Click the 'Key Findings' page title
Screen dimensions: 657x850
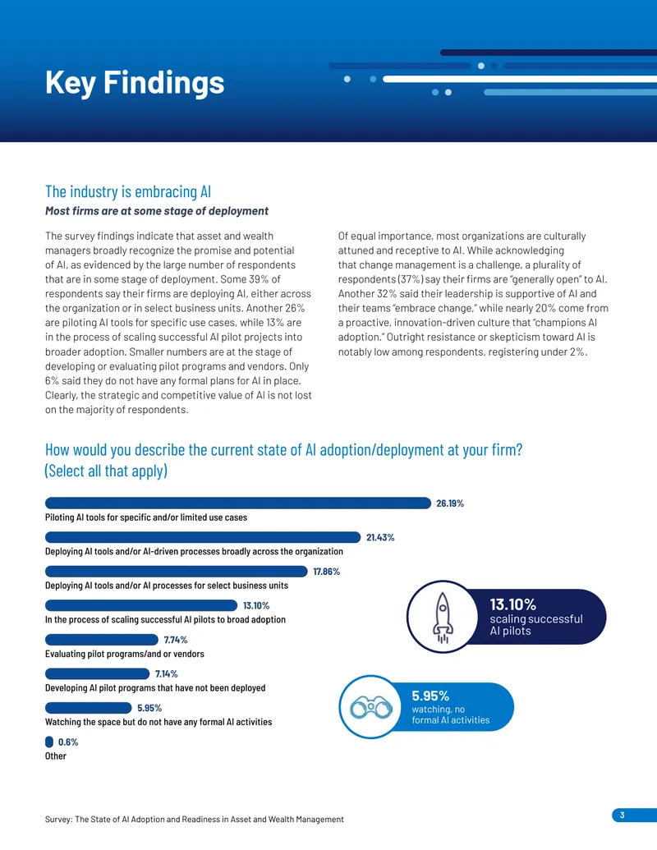click(135, 82)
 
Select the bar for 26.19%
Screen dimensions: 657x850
click(238, 503)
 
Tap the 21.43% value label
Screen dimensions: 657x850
click(380, 537)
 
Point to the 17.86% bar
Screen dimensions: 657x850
click(177, 572)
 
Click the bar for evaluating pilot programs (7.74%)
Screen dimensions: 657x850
click(101, 640)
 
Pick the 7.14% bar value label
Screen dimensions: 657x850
click(167, 673)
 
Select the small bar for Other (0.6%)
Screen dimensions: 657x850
click(48, 742)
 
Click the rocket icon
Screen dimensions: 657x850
click(443, 617)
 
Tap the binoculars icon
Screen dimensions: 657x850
click(370, 707)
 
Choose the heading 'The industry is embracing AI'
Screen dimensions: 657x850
click(128, 191)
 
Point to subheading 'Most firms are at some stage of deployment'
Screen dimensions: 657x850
click(157, 211)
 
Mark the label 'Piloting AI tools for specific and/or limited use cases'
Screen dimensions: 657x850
click(146, 517)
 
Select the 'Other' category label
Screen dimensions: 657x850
click(55, 756)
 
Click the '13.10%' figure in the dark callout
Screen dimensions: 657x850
click(512, 604)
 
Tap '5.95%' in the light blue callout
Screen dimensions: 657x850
click(430, 696)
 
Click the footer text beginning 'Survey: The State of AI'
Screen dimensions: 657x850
click(194, 819)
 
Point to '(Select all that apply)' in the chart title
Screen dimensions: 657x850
click(106, 471)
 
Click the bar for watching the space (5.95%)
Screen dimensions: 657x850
click(89, 708)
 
